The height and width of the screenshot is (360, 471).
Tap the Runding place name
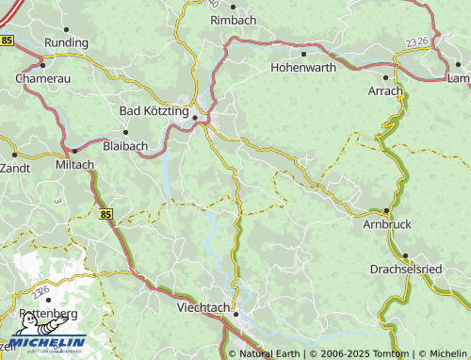[x=66, y=42]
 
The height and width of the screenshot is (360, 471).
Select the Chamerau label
[x=43, y=79]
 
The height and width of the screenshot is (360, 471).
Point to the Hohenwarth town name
[x=303, y=68]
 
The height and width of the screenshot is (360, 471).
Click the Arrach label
[x=385, y=91]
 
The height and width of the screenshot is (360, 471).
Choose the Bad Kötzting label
[x=154, y=110]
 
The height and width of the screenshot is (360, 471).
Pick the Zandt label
[x=15, y=167]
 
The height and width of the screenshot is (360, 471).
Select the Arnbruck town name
[x=386, y=225]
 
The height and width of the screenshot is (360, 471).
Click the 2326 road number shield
[x=417, y=42]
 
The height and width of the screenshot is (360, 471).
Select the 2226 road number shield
[x=41, y=293]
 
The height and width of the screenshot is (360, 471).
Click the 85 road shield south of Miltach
[x=105, y=215]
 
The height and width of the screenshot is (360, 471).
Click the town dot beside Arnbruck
[x=386, y=211]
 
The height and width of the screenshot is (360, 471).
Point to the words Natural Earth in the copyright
[x=268, y=353]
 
